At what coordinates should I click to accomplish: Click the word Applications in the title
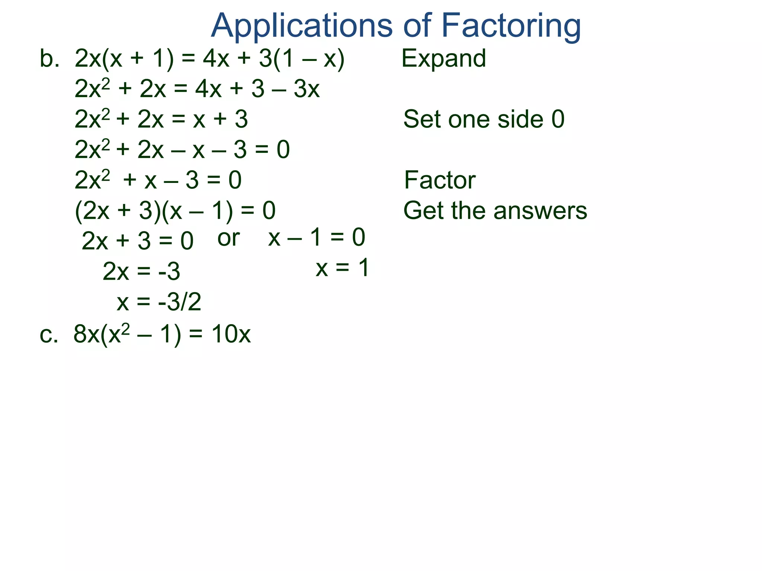(302, 26)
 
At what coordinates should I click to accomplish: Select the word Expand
(444, 59)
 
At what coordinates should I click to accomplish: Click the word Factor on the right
(439, 180)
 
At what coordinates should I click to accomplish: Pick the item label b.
(49, 59)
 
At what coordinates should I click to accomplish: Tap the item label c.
(49, 334)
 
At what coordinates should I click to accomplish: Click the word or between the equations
(228, 238)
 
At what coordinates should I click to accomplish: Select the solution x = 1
(342, 268)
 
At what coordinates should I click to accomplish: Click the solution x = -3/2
(159, 302)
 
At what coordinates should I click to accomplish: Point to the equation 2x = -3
(141, 271)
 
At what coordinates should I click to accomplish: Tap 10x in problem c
(231, 334)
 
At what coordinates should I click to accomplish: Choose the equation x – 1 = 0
(317, 237)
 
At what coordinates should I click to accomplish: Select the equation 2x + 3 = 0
(137, 241)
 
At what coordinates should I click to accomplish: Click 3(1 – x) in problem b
(302, 59)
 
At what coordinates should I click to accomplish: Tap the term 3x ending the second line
(307, 89)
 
